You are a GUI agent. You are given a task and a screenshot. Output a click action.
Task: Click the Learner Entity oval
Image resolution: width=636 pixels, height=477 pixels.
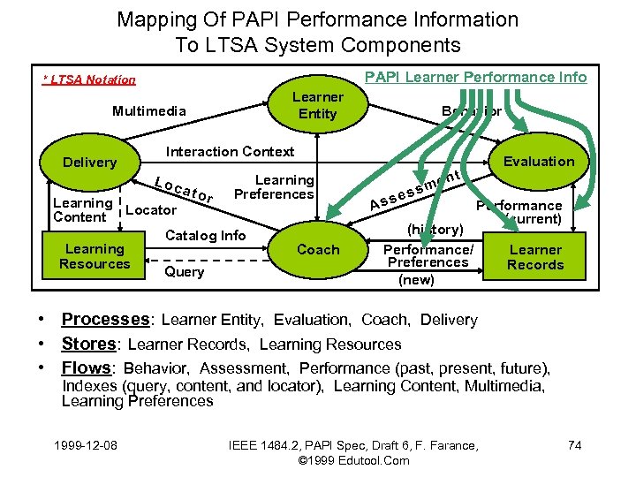pos(317,105)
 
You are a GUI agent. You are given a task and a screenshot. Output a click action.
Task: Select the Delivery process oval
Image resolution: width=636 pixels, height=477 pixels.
pos(89,163)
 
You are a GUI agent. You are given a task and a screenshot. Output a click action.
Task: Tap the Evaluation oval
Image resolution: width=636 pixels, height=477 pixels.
pos(538,161)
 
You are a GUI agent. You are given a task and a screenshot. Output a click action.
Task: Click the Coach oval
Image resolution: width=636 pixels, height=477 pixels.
pos(318,250)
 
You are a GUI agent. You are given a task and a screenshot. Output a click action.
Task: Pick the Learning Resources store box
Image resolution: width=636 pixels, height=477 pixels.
pos(95,256)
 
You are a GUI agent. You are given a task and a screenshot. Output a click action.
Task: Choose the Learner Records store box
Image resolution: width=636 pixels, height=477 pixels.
pos(535,257)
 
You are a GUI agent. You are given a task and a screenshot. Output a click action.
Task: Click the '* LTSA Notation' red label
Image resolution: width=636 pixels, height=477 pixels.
pos(90,80)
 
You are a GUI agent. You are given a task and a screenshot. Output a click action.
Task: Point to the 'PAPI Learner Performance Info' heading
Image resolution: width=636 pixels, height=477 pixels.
pos(475,77)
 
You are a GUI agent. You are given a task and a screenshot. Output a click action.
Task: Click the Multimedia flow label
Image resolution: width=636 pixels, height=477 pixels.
pos(148,111)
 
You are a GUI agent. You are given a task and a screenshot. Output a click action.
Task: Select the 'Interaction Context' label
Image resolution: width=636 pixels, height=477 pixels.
pos(231,151)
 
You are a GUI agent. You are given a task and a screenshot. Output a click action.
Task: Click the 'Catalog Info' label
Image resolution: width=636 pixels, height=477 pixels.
pos(206,235)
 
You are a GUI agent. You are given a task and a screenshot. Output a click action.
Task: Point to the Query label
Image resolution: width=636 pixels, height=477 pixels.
pos(184,272)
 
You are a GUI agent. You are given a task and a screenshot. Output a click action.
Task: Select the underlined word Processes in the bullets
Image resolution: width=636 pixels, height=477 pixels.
pos(105,320)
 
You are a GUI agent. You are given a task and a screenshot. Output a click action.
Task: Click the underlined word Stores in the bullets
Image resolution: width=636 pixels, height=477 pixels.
pos(88,344)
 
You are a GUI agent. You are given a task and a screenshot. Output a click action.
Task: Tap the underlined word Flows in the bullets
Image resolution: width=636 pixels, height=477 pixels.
pos(87,367)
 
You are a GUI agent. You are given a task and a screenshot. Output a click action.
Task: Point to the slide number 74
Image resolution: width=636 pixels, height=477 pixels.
pos(574,445)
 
